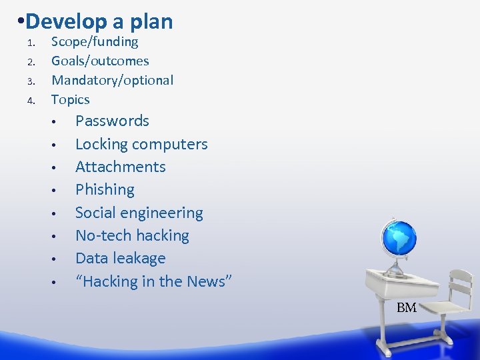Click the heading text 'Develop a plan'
100,21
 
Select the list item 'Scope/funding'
95,42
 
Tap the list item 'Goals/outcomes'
100,61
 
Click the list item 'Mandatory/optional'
112,81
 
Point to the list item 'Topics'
70,100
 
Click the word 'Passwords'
112,121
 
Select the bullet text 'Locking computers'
141,144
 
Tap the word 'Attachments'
120,167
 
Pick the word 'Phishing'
105,190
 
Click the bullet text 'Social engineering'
139,213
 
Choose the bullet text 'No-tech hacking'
132,236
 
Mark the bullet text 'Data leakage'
120,259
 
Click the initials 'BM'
406,308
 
